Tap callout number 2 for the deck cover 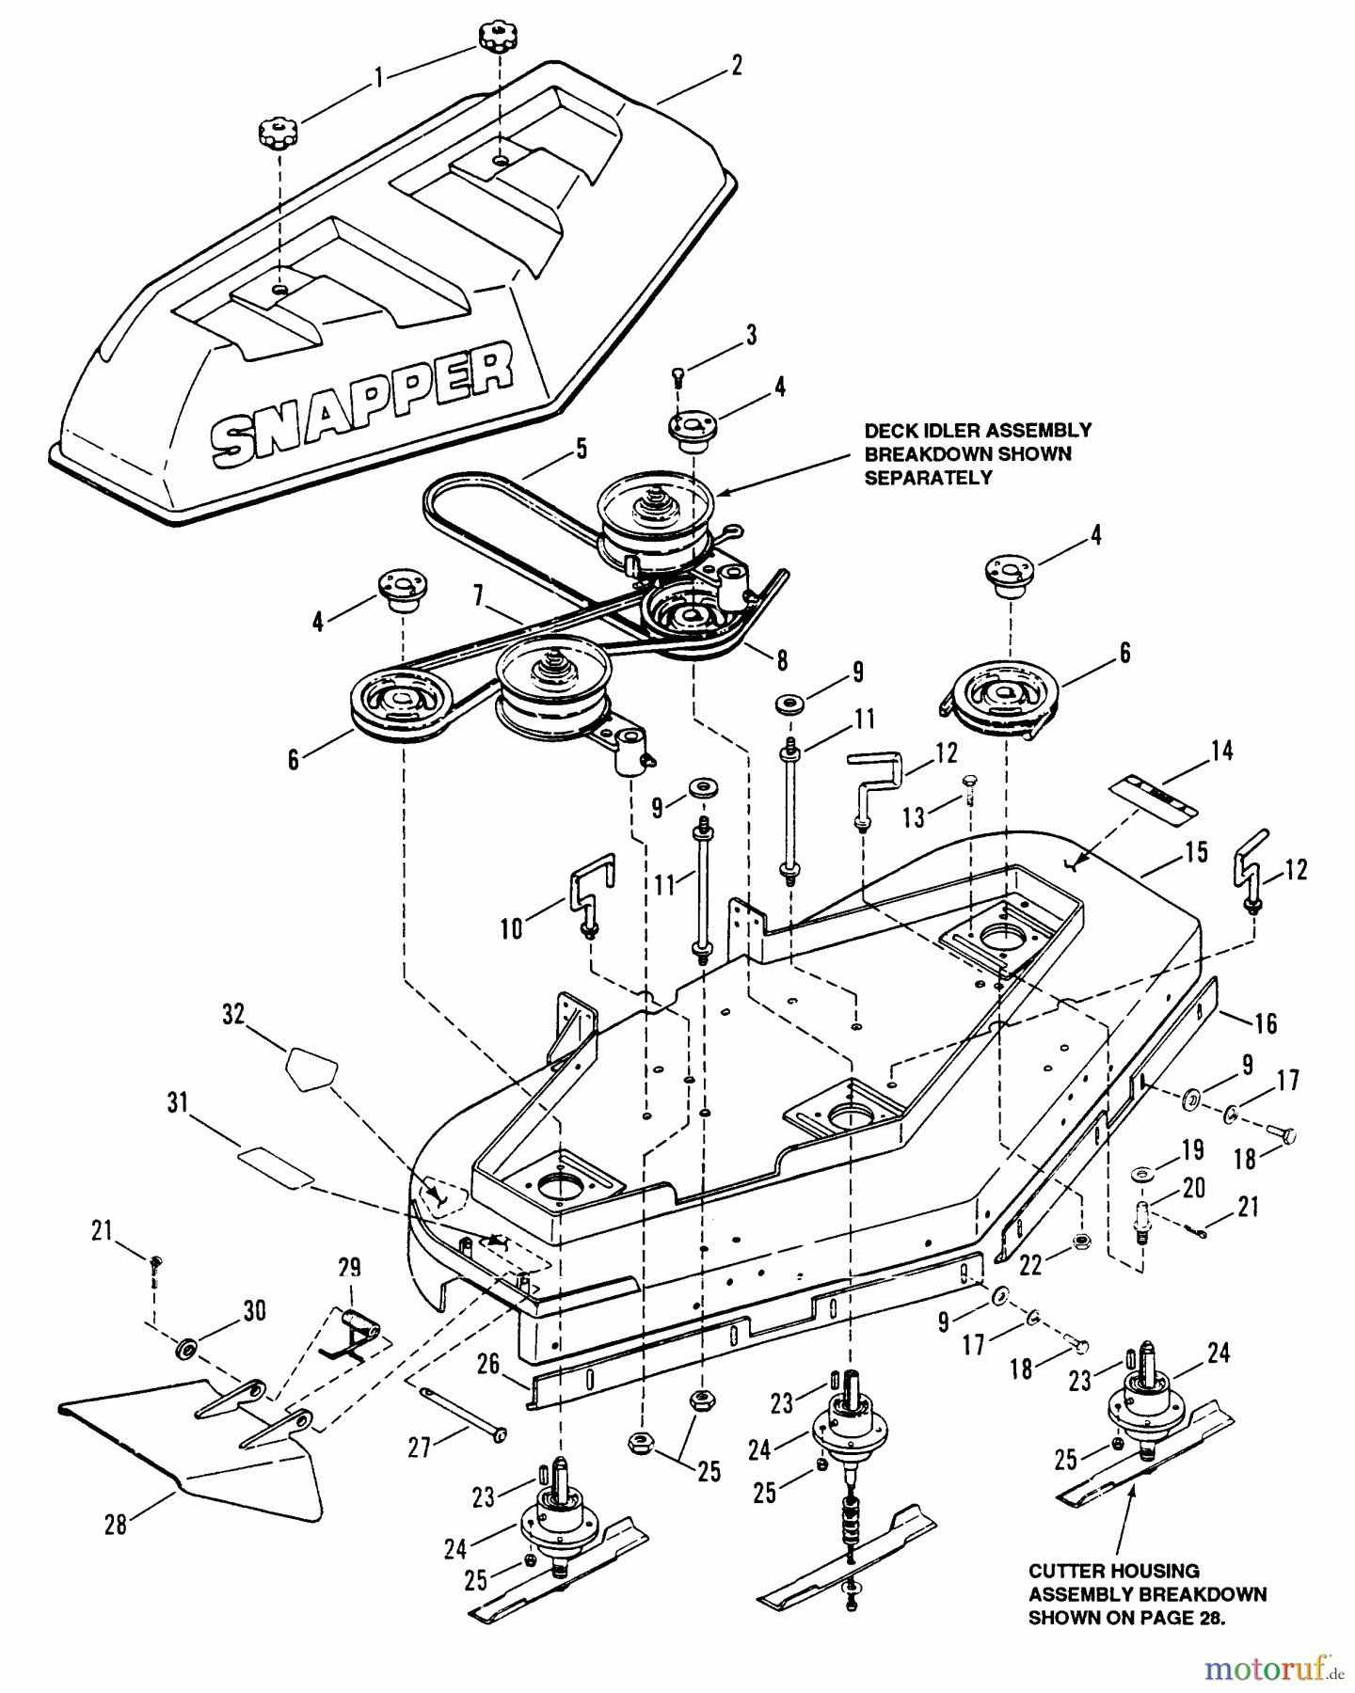point(736,65)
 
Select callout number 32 point(233,1014)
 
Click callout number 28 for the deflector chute point(115,1524)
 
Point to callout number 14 point(1221,751)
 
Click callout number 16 point(1266,1022)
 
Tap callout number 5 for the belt point(581,450)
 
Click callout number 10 point(511,929)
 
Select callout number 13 point(912,818)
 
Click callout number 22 point(1032,1267)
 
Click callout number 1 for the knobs point(378,78)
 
